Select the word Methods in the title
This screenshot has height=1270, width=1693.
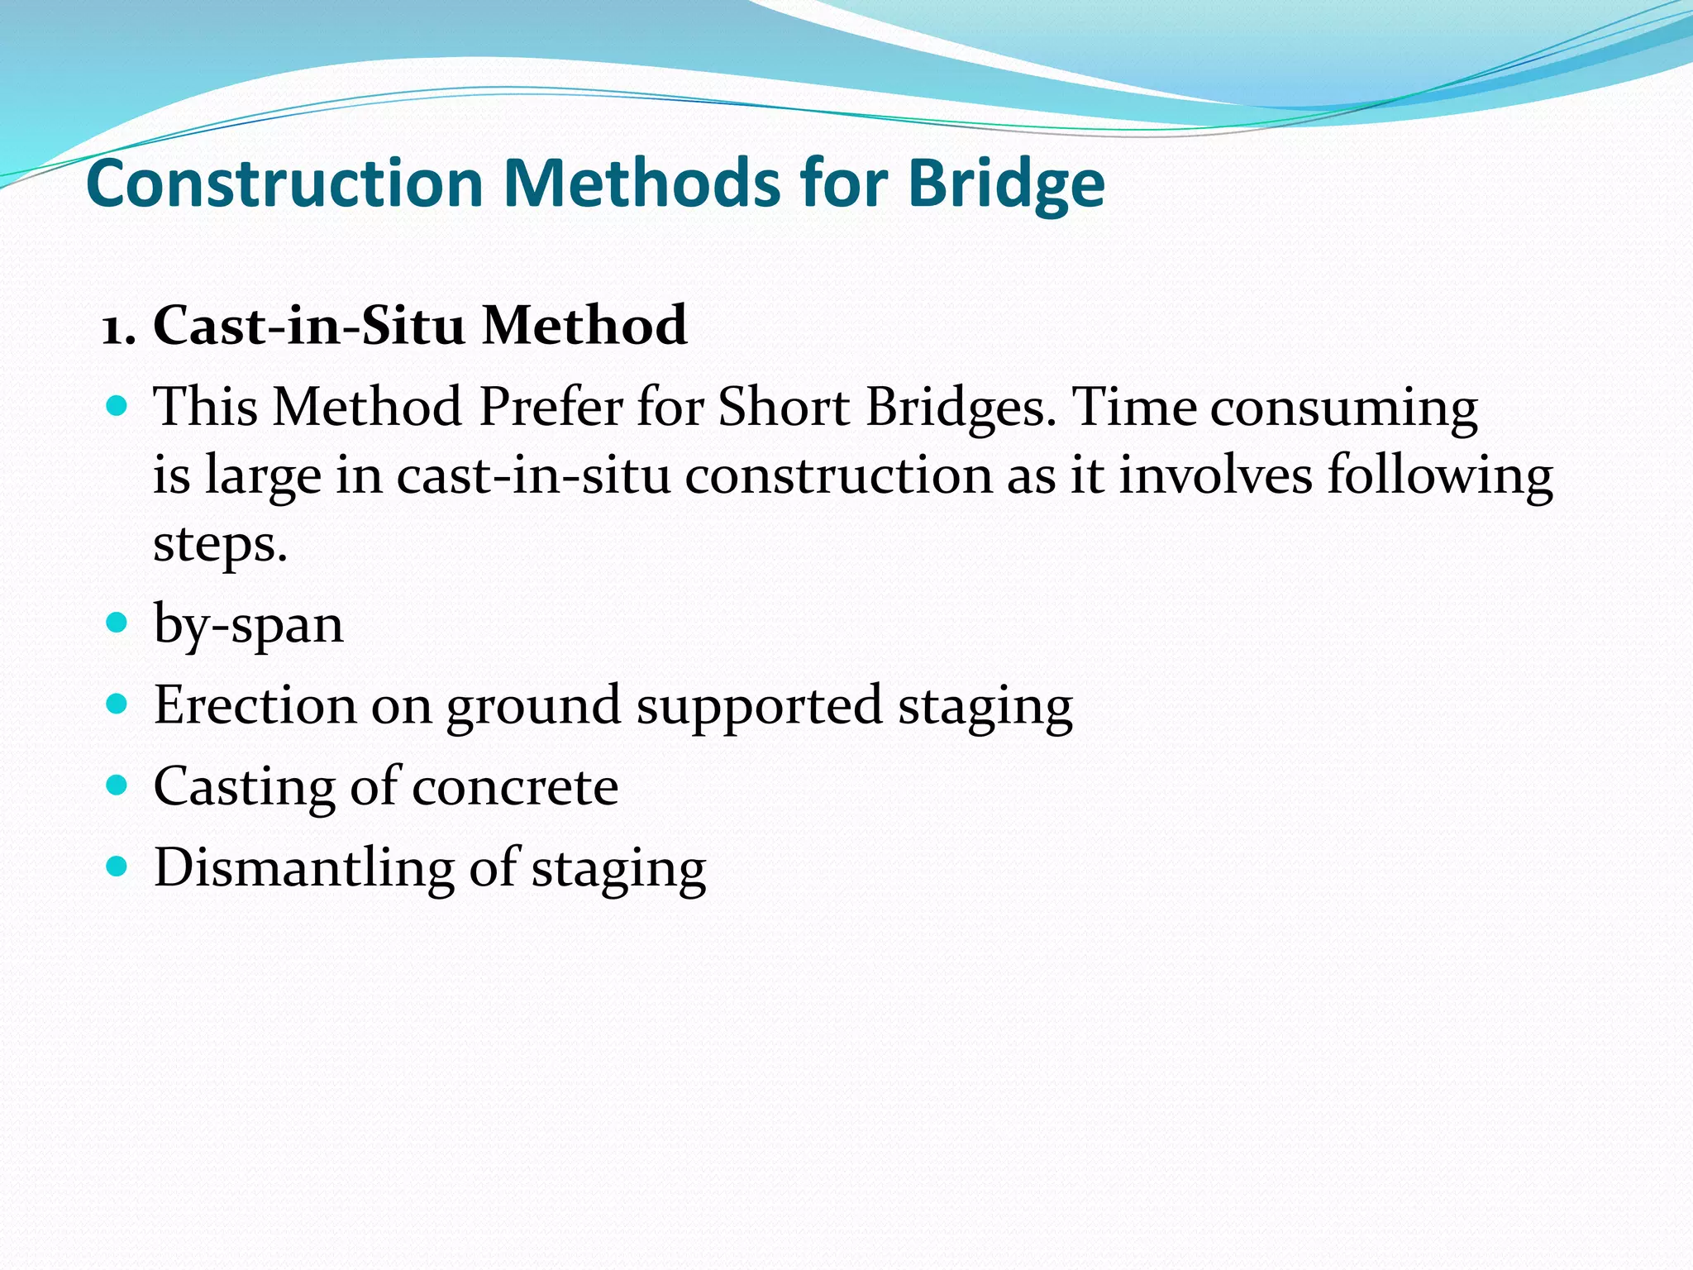(x=641, y=184)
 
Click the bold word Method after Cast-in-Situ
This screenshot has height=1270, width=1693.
(x=584, y=325)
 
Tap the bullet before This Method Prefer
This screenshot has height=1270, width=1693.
(x=117, y=406)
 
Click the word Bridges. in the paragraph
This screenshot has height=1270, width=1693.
(x=961, y=408)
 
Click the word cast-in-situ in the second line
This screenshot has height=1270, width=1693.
(x=533, y=476)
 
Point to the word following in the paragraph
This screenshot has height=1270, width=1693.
(x=1439, y=478)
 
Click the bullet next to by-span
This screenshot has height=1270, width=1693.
(x=117, y=622)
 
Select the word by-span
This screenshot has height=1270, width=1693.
(x=248, y=625)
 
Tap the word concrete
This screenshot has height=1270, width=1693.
(x=514, y=787)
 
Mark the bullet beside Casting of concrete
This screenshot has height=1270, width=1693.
(x=117, y=784)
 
